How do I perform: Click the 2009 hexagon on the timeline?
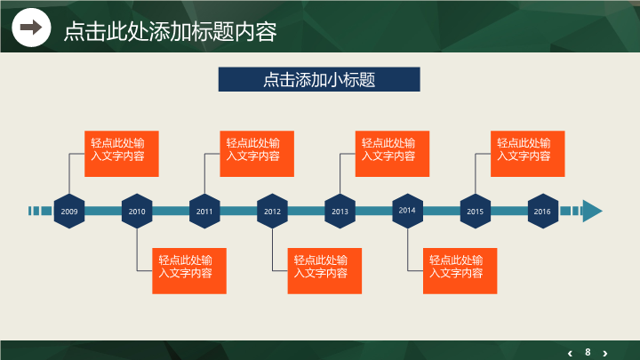69,212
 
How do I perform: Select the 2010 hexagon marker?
137,212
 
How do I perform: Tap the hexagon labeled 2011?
204,212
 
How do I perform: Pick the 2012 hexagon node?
272,212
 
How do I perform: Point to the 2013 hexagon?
340,212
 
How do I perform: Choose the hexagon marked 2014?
407,211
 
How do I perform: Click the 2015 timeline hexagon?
475,212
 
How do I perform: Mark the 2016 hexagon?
542,212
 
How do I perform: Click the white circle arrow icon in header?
31,28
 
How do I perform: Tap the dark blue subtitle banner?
319,79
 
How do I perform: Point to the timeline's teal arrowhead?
592,211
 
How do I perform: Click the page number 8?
588,351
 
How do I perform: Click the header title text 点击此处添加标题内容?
170,31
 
